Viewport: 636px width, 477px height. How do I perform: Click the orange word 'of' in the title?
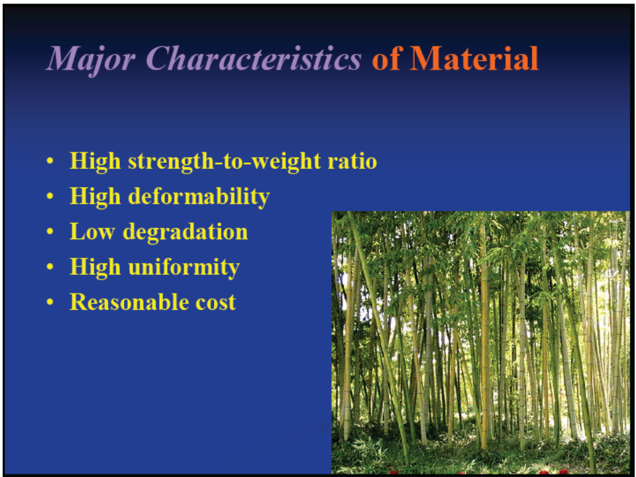(x=386, y=58)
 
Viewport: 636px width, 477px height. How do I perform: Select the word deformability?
(x=199, y=197)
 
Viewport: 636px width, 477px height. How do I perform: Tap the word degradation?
(x=185, y=233)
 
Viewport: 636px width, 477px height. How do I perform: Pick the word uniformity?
(x=184, y=268)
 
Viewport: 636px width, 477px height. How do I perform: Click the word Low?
(x=93, y=232)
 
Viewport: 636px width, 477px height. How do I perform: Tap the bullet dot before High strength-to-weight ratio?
(x=50, y=161)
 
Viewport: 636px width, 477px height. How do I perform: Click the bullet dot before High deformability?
(x=50, y=196)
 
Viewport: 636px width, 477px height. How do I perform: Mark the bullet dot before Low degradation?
(x=50, y=232)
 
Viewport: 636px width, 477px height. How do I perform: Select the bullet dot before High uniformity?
(x=50, y=267)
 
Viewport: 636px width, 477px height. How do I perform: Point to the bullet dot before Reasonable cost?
(x=50, y=302)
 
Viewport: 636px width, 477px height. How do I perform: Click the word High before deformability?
(x=95, y=197)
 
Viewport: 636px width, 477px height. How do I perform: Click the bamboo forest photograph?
(x=481, y=343)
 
